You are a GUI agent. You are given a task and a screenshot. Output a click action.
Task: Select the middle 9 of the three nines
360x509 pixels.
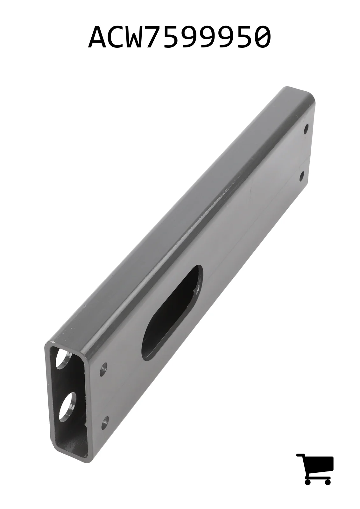(221, 37)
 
